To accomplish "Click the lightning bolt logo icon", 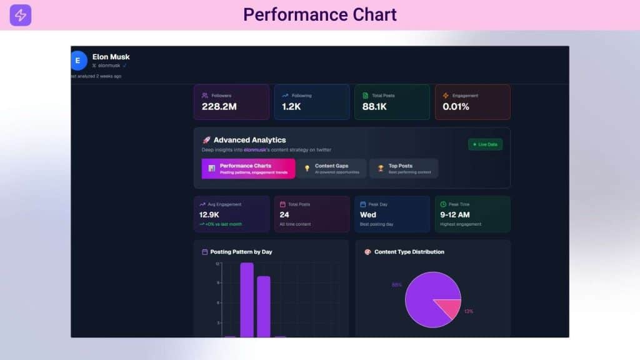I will pyautogui.click(x=20, y=15).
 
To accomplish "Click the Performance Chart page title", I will pyautogui.click(x=320, y=14).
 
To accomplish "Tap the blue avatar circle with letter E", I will pyautogui.click(x=78, y=61).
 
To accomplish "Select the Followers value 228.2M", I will pyautogui.click(x=219, y=107).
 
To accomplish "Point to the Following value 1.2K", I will pyautogui.click(x=292, y=107).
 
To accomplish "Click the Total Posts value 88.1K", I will pyautogui.click(x=374, y=107).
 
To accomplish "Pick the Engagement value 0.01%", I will pyautogui.click(x=456, y=107).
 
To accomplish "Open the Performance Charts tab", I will pyautogui.click(x=248, y=169).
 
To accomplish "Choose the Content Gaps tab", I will pyautogui.click(x=331, y=169).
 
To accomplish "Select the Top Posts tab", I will pyautogui.click(x=403, y=169).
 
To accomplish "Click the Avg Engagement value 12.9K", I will pyautogui.click(x=209, y=214).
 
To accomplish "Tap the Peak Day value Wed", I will pyautogui.click(x=369, y=214).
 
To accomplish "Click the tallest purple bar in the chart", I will pyautogui.click(x=247, y=300).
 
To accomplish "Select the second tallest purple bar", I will pyautogui.click(x=264, y=306).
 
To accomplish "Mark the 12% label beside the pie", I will pyautogui.click(x=469, y=311).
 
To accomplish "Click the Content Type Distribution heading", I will pyautogui.click(x=409, y=252).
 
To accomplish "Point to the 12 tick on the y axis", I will pyautogui.click(x=217, y=264).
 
